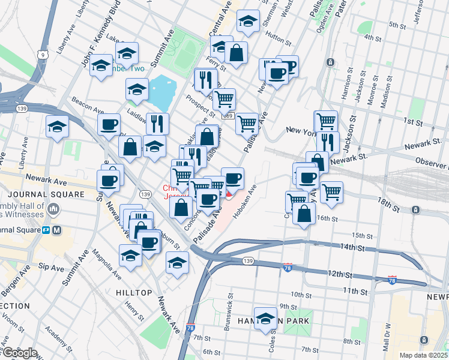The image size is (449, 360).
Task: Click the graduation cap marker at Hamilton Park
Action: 265,319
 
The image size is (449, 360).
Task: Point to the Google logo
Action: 19,353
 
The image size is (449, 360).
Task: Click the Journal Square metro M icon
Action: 58,230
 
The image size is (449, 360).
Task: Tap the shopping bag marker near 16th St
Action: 304,214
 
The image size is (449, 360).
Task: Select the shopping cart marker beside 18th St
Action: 331,192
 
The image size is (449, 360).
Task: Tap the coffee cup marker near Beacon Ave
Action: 109,125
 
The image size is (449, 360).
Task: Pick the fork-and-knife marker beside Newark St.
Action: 328,142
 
